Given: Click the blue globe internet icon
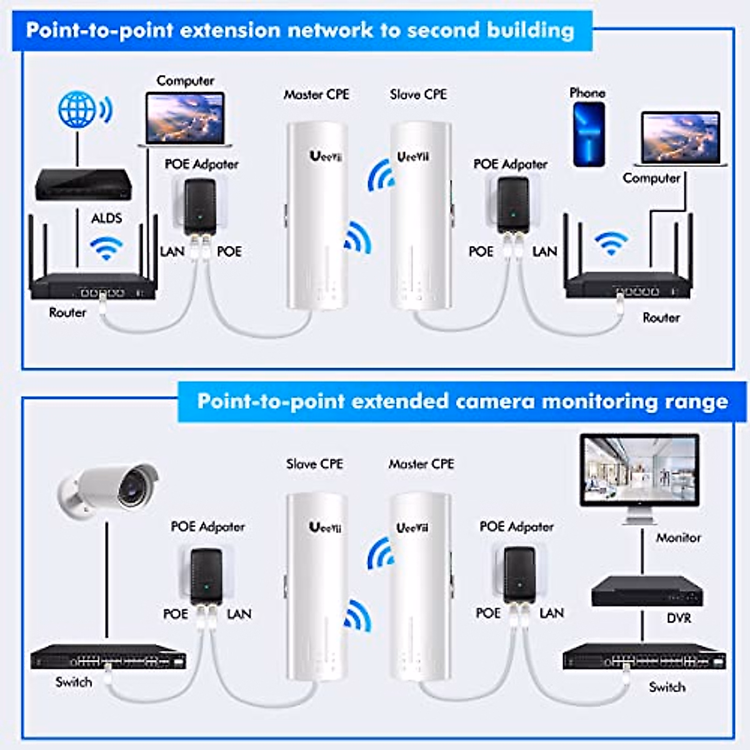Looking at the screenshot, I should tap(77, 109).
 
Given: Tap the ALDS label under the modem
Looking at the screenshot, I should tap(107, 218).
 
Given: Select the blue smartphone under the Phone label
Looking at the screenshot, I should tap(589, 134).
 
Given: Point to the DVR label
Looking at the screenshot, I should tap(679, 618).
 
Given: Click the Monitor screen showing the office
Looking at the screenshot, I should tap(639, 469).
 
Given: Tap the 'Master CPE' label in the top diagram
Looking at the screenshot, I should tap(316, 94).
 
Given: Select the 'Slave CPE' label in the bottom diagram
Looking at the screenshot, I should tap(314, 464).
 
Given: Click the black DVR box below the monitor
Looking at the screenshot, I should tap(646, 591).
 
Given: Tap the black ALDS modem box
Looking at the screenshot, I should tap(83, 184).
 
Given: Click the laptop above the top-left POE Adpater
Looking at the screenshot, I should tap(185, 119).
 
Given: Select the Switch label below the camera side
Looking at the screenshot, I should tap(74, 682).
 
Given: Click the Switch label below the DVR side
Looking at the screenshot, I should tap(667, 687).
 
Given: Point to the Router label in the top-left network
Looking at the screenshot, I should tap(67, 312).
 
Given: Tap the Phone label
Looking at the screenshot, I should tap(587, 92).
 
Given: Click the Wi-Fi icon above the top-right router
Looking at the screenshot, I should tap(611, 242).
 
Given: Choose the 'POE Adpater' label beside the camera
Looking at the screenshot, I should tap(207, 526).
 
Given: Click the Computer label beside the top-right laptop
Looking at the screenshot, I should tap(651, 178).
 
